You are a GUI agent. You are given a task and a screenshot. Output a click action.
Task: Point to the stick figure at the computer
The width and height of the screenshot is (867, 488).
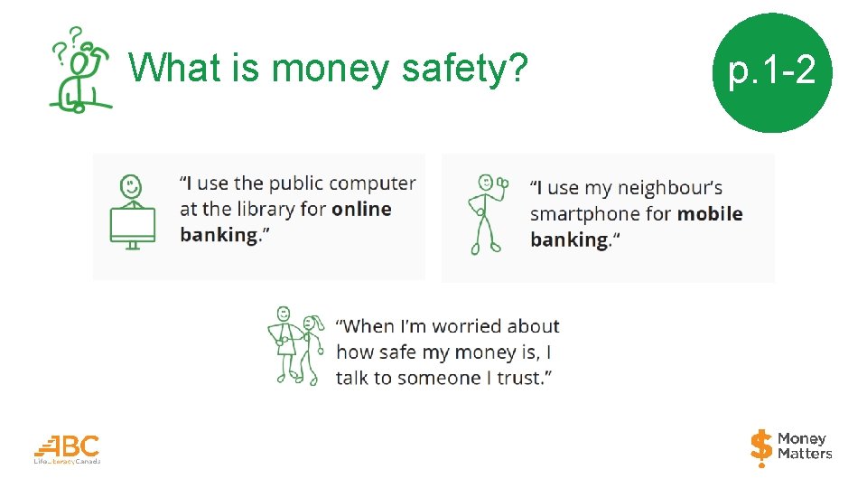tap(132, 188)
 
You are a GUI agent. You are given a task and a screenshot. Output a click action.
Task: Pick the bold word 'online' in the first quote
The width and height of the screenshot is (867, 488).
tap(361, 209)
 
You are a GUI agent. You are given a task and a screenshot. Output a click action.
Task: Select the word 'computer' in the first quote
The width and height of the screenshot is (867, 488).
tap(372, 183)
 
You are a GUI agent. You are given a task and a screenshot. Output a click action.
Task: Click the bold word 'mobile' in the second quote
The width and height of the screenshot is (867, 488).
tap(710, 214)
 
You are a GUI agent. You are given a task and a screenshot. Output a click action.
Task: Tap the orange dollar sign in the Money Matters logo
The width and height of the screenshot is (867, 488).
tap(761, 447)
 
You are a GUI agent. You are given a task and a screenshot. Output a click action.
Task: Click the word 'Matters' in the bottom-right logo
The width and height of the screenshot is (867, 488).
tap(805, 455)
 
